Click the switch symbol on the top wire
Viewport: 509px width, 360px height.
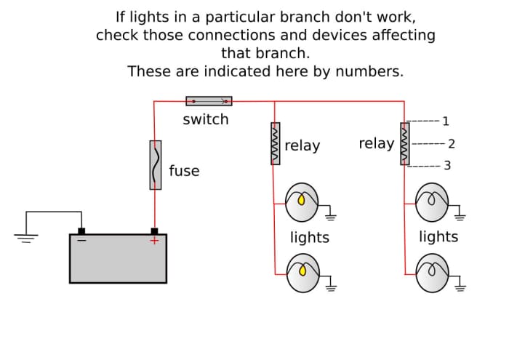point(209,101)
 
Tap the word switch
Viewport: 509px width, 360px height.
point(206,119)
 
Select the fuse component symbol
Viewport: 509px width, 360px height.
point(156,165)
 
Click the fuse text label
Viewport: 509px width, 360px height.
point(184,171)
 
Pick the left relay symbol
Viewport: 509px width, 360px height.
point(276,143)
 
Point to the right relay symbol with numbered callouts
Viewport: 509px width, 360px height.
point(405,143)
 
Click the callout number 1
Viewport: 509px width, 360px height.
point(446,121)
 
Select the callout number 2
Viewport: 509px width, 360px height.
point(452,144)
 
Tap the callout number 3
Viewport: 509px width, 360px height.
point(447,166)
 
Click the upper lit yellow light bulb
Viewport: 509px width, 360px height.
point(302,202)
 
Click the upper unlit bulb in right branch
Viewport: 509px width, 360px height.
point(432,201)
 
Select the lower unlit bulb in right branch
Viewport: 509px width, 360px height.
point(432,273)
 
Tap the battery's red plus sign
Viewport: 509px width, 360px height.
point(154,241)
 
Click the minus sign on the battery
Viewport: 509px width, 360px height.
point(81,240)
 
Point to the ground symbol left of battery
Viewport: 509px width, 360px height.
point(26,236)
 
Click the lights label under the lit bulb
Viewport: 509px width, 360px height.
point(310,238)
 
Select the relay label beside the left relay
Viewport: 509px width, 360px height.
point(302,145)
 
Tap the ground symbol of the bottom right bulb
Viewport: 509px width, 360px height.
point(460,287)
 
